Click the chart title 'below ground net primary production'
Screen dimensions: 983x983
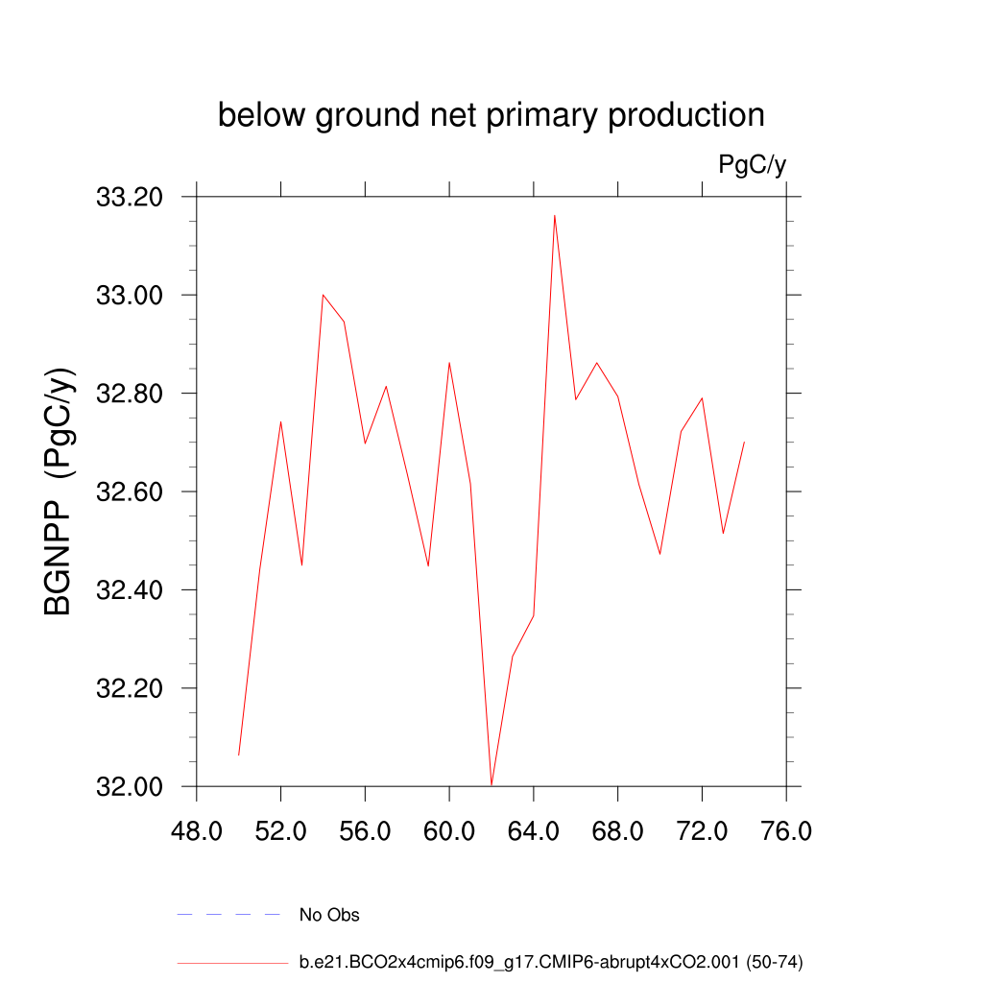(491, 115)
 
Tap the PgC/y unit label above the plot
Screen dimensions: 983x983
(753, 165)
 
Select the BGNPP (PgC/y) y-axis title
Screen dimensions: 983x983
(59, 491)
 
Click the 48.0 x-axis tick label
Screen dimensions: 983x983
(197, 830)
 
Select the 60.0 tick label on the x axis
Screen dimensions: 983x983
(449, 830)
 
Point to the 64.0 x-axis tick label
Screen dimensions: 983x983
(534, 830)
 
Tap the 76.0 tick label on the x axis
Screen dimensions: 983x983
(786, 830)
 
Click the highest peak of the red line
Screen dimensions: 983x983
(555, 216)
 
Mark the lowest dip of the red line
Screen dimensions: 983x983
(491, 785)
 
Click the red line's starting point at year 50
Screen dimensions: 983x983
(239, 755)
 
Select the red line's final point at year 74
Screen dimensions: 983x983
(744, 443)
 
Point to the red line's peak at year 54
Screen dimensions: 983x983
(324, 295)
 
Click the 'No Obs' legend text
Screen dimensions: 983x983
(329, 915)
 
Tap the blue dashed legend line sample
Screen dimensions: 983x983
(228, 915)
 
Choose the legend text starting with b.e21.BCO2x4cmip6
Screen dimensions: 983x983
(551, 962)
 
